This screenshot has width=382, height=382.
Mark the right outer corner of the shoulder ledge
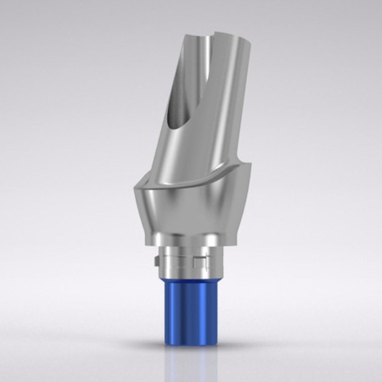[251, 165]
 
